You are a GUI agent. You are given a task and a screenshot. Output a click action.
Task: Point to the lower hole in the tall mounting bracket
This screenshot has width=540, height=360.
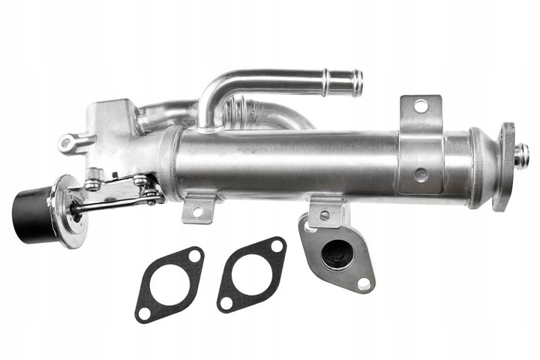421,174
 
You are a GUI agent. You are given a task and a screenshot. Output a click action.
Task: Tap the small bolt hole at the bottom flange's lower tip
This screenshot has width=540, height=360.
364,283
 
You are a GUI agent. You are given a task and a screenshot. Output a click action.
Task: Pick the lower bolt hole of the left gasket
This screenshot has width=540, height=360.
144,309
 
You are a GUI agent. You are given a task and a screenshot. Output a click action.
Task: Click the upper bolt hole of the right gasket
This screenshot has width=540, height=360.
276,246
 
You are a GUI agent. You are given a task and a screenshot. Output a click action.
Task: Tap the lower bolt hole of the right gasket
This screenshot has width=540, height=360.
226,300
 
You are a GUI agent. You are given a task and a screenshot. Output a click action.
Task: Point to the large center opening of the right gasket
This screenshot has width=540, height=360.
250,272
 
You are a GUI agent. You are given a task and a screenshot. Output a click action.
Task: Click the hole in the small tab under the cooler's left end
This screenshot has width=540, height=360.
198,211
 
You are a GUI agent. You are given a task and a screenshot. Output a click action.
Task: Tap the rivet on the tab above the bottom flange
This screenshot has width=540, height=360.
324,215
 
